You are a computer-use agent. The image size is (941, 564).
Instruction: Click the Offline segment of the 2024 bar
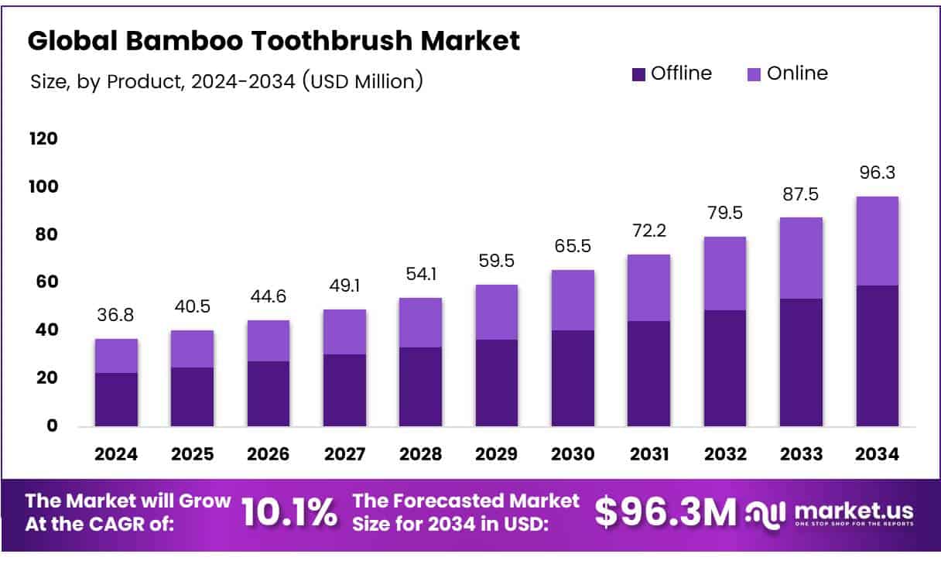116,399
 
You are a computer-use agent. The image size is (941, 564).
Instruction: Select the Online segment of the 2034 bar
877,241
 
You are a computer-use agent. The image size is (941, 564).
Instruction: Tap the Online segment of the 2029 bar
497,312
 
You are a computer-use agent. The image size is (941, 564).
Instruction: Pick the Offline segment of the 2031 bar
648,373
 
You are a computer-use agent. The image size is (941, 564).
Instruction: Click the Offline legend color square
638,74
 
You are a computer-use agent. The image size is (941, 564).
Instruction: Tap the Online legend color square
755,74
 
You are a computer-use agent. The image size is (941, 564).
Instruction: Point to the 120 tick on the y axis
43,139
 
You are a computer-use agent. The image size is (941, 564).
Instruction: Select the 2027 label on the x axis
344,455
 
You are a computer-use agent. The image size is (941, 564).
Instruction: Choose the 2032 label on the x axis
725,455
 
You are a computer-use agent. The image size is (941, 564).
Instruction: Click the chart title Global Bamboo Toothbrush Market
273,41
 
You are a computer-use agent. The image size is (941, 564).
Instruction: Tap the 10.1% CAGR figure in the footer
289,511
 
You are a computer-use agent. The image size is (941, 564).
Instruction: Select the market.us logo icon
765,512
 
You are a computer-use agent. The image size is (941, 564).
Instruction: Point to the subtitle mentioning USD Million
226,80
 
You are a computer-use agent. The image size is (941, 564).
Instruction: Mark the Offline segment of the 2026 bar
269,393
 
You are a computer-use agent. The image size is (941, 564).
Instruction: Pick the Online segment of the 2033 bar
801,258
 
